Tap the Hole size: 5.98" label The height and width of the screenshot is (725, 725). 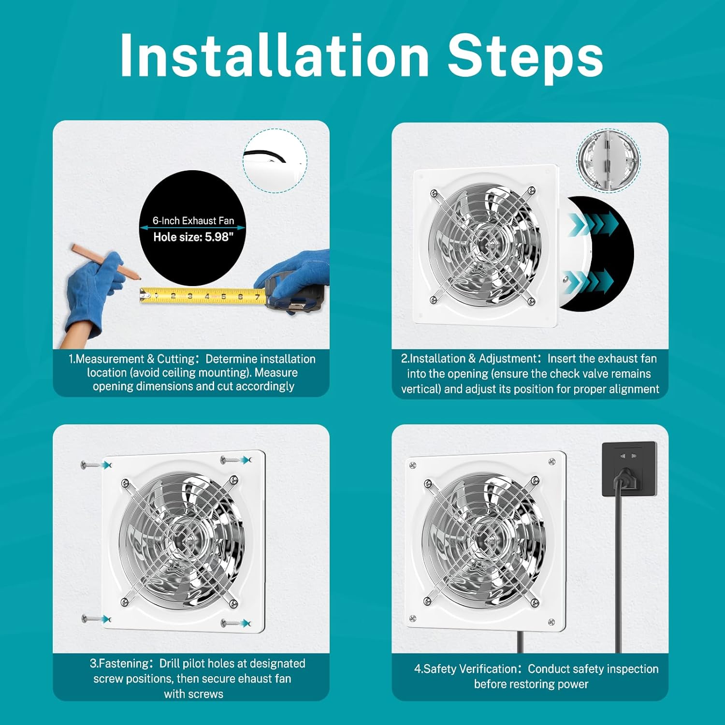click(x=193, y=237)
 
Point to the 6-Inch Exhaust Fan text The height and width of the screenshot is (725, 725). click(x=193, y=220)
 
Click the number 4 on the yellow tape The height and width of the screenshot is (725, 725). click(x=207, y=296)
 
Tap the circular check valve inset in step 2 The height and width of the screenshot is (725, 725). click(x=608, y=160)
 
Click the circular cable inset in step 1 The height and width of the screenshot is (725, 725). click(x=275, y=160)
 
